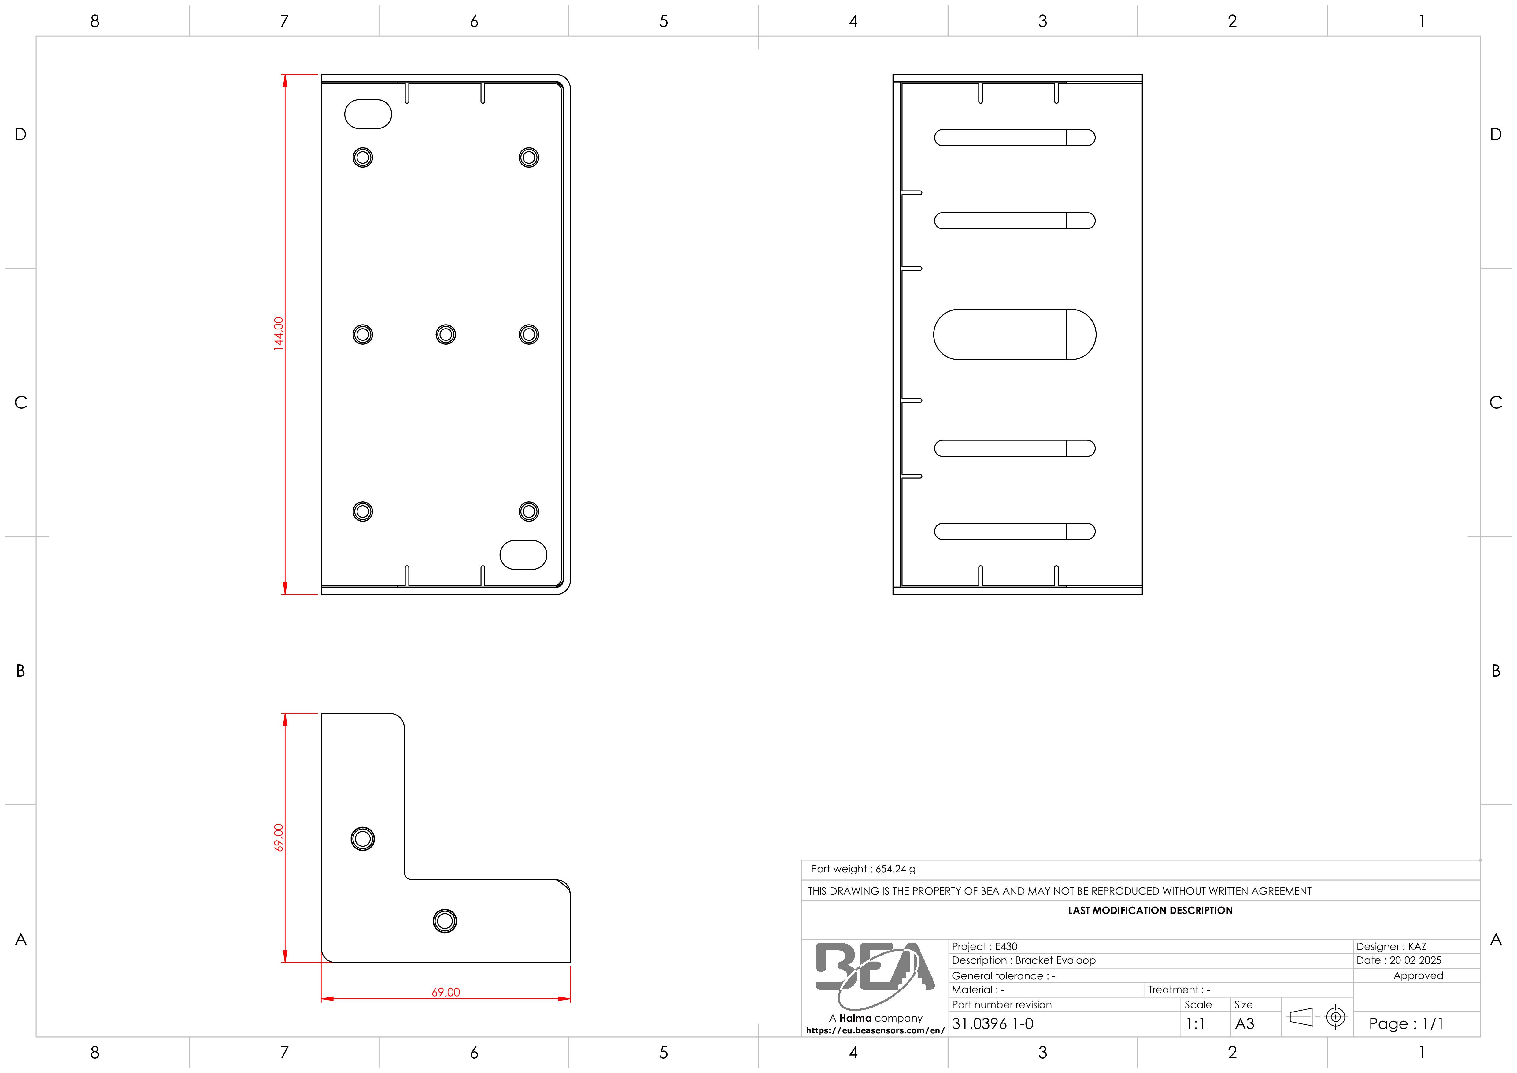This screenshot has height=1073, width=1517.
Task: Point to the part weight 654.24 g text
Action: (x=863, y=869)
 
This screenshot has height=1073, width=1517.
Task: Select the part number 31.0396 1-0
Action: (x=992, y=1023)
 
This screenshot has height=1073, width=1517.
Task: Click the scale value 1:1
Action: (x=1195, y=1023)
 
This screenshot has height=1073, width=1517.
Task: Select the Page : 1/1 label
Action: (x=1406, y=1023)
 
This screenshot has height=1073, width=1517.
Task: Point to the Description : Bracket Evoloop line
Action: (x=1023, y=960)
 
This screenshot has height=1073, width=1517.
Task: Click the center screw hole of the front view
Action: (x=446, y=334)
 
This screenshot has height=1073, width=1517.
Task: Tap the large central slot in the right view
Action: (x=1015, y=334)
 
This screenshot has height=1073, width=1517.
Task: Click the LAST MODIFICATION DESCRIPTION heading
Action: (x=1150, y=911)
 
